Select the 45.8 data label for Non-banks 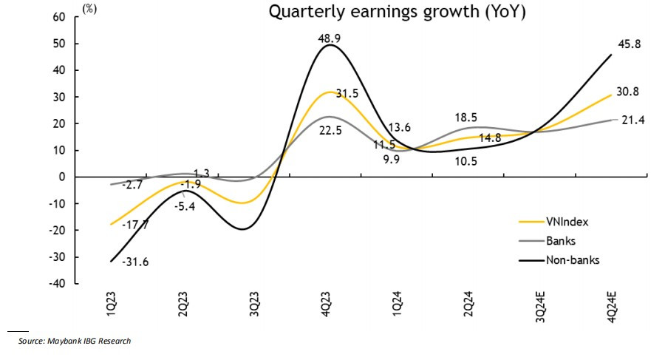coord(630,44)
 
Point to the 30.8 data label coord(630,92)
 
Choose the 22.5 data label coord(330,131)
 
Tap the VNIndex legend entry coord(566,220)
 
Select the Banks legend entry coord(561,240)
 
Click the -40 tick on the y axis coord(58,284)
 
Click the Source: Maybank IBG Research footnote coord(75,341)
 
